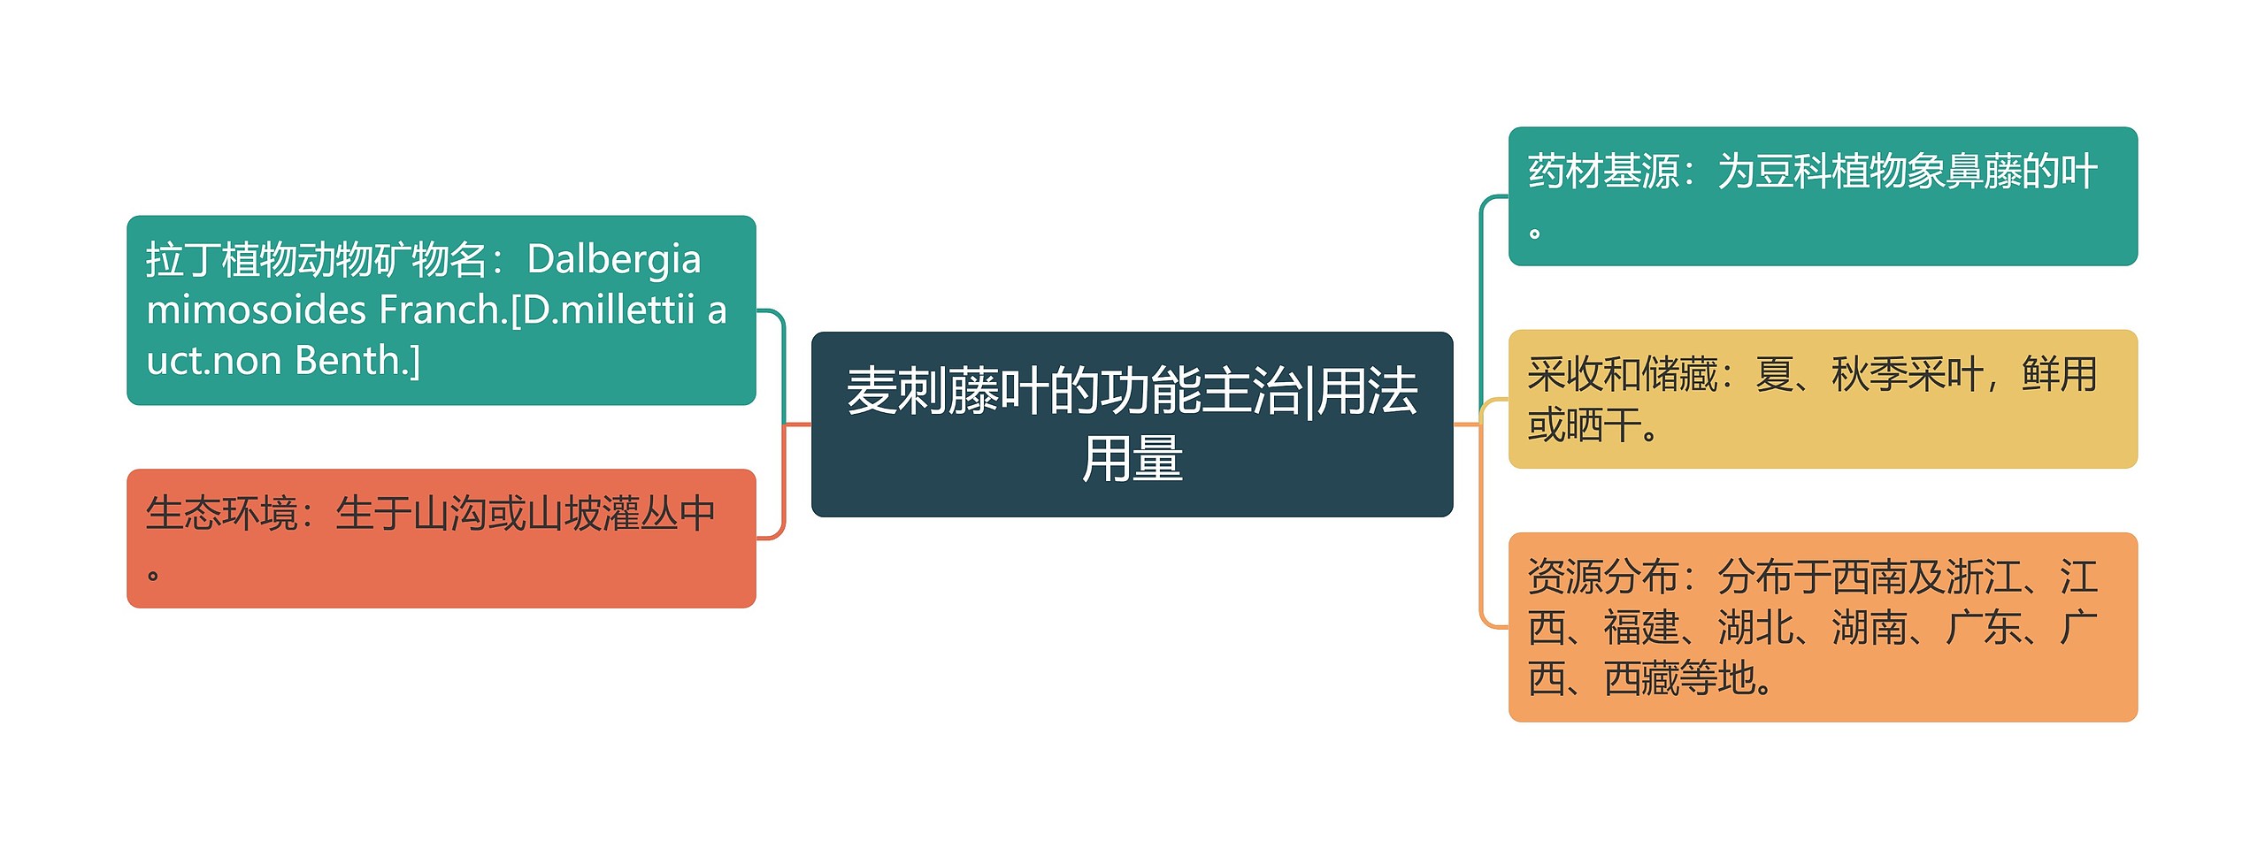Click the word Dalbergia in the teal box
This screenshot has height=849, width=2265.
click(x=614, y=259)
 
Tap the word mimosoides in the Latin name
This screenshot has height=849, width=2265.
click(x=256, y=310)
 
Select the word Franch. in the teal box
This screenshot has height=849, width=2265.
click(x=443, y=310)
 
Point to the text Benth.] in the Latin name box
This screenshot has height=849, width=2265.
click(x=357, y=361)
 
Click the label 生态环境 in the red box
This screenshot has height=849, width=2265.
click(x=221, y=514)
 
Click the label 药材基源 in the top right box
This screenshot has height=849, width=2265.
click(x=1603, y=172)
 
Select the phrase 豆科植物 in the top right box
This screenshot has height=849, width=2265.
click(x=1831, y=172)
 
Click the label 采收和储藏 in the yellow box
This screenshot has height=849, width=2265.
click(x=1622, y=374)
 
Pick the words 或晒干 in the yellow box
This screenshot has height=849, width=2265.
click(x=1585, y=425)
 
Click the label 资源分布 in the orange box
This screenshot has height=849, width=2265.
click(x=1603, y=577)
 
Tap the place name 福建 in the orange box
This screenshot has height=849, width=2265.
click(x=1641, y=628)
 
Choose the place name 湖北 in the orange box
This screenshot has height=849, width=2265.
click(x=1755, y=628)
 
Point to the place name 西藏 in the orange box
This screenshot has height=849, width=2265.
click(x=1641, y=678)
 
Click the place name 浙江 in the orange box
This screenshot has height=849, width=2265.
click(x=1983, y=577)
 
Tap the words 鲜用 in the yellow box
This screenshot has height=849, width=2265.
click(x=2059, y=374)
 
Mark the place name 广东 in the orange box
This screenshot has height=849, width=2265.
click(x=1983, y=628)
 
